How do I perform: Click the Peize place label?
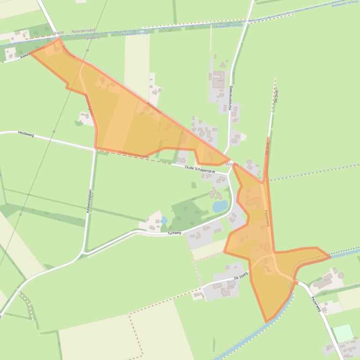tap(59, 33)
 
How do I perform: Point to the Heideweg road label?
tap(26, 133)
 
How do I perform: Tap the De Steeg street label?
tap(240, 277)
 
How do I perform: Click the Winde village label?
tap(232, 164)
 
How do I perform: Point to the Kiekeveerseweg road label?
tap(33, 52)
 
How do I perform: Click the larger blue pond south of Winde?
tap(220, 206)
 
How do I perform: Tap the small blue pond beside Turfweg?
tap(163, 220)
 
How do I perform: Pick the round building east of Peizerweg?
tap(340, 275)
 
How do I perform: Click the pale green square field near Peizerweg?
tap(343, 332)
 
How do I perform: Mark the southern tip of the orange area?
tap(267, 322)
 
